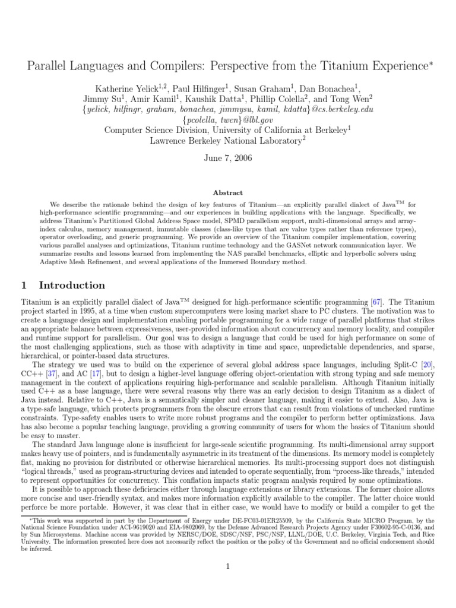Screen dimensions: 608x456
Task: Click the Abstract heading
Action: [x=228, y=193]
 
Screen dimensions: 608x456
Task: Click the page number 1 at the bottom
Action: [x=227, y=566]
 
